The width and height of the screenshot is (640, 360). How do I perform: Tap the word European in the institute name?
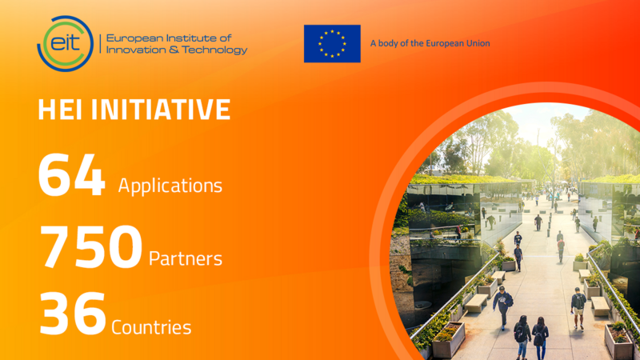pos(133,37)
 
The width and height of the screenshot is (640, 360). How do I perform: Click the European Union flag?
pos(332,43)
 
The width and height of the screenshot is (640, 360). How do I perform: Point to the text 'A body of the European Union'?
pos(430,43)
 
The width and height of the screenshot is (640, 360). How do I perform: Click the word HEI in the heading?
pos(61,110)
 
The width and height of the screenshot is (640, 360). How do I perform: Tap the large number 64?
pos(71,177)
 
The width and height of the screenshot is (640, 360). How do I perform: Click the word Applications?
pos(170,186)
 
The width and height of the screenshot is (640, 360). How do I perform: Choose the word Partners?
pos(186,258)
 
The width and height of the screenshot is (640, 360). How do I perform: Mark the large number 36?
pos(71,314)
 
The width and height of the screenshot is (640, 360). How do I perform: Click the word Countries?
pos(152,326)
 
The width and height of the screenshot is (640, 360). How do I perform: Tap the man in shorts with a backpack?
pos(578,307)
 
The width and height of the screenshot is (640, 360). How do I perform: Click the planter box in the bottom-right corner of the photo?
pos(618,341)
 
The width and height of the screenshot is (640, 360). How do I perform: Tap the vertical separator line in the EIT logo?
pos(99,43)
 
